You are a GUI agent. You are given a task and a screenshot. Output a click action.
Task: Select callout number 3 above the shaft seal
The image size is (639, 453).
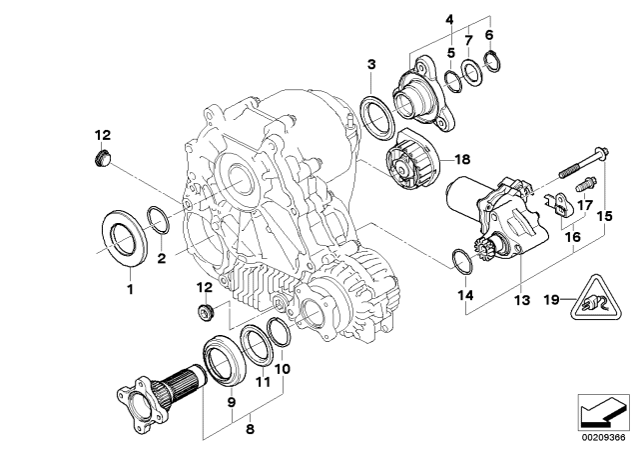(370, 65)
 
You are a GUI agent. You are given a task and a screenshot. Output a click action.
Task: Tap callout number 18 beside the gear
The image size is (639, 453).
(460, 159)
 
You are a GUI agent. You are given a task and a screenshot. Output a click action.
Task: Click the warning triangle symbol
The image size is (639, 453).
(592, 296)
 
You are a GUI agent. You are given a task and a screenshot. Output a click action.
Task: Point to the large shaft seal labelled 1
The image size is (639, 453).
(126, 243)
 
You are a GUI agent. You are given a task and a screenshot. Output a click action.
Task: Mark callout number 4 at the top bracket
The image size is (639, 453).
(450, 19)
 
